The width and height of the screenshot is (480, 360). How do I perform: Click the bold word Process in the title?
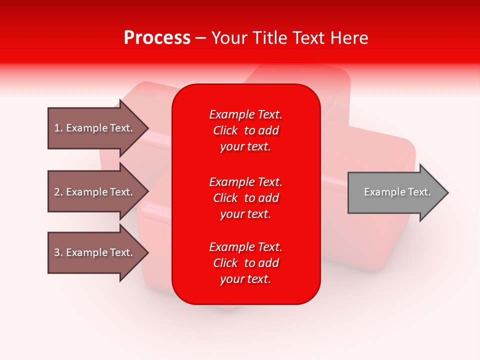(157, 38)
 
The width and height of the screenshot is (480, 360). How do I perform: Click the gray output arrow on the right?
(395, 192)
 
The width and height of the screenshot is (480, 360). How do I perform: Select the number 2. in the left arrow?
(58, 192)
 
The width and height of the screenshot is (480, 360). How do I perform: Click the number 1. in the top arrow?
(58, 128)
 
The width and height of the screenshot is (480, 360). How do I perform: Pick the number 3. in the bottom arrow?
(58, 252)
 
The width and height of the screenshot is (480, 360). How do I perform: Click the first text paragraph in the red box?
(245, 130)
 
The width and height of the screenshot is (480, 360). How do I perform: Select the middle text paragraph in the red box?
(245, 198)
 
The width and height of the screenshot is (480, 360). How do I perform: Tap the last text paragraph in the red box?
(245, 263)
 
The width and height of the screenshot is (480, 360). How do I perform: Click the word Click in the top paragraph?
(225, 130)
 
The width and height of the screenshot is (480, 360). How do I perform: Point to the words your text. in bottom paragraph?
(245, 279)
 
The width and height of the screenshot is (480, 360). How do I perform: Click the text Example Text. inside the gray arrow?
(397, 192)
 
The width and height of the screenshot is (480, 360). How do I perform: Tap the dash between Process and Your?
(201, 38)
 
